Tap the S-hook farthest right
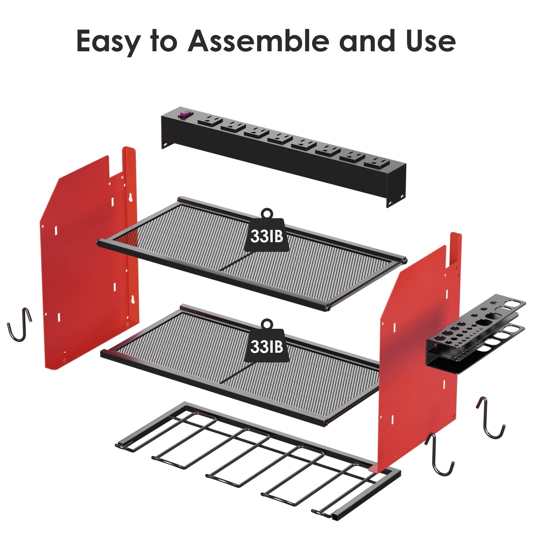pyautogui.click(x=491, y=417)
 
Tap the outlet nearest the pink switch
pyautogui.click(x=209, y=121)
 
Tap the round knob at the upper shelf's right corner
pyautogui.click(x=405, y=261)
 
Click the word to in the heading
pyautogui.click(x=164, y=41)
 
